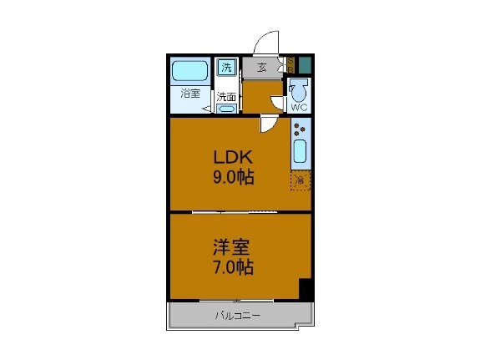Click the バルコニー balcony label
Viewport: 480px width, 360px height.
tap(239, 316)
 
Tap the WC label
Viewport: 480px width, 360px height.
tap(299, 106)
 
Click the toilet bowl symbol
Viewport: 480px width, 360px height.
tap(299, 89)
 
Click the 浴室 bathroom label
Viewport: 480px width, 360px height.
tap(190, 94)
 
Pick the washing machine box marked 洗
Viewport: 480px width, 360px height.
tap(226, 68)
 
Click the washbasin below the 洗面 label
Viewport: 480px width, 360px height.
tap(226, 108)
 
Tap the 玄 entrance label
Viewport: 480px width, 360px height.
tap(262, 68)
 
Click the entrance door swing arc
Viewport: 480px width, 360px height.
tap(267, 42)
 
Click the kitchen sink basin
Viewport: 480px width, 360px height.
tap(301, 153)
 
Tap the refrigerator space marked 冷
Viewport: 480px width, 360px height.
tap(299, 180)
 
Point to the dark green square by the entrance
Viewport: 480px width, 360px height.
tap(305, 63)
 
